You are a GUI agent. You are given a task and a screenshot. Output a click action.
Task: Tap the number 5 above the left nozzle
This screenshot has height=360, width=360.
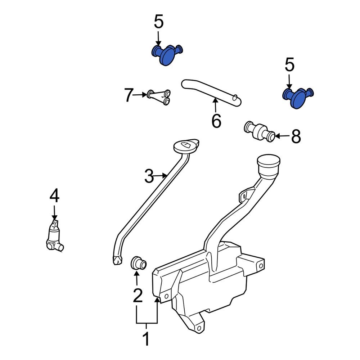pos(159,22)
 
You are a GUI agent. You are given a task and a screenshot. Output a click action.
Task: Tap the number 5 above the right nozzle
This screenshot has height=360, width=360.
pos(289,65)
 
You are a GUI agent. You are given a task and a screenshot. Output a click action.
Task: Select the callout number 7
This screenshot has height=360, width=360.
pos(129,95)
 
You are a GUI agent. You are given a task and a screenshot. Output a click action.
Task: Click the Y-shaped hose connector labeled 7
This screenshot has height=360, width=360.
pos(159,97)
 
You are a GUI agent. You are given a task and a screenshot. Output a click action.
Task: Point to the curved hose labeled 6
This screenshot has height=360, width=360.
pos(212,93)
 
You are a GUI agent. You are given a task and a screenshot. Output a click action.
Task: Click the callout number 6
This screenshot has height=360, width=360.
pos(216,121)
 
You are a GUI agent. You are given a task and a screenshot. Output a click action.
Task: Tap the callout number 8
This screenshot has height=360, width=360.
pos(296,137)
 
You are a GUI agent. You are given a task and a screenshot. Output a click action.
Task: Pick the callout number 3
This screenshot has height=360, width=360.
pos(149,176)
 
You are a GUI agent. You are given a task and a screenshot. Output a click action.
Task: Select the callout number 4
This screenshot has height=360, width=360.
pos(54,196)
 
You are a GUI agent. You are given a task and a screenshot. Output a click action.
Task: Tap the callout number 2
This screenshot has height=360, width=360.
pos(138,295)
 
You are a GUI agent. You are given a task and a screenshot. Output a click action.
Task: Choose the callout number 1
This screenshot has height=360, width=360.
pos(147,339)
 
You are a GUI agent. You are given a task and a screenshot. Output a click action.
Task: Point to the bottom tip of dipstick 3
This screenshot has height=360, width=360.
pos(117,260)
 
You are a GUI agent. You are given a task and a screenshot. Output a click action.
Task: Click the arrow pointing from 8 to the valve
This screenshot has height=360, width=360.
pos(283,136)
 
